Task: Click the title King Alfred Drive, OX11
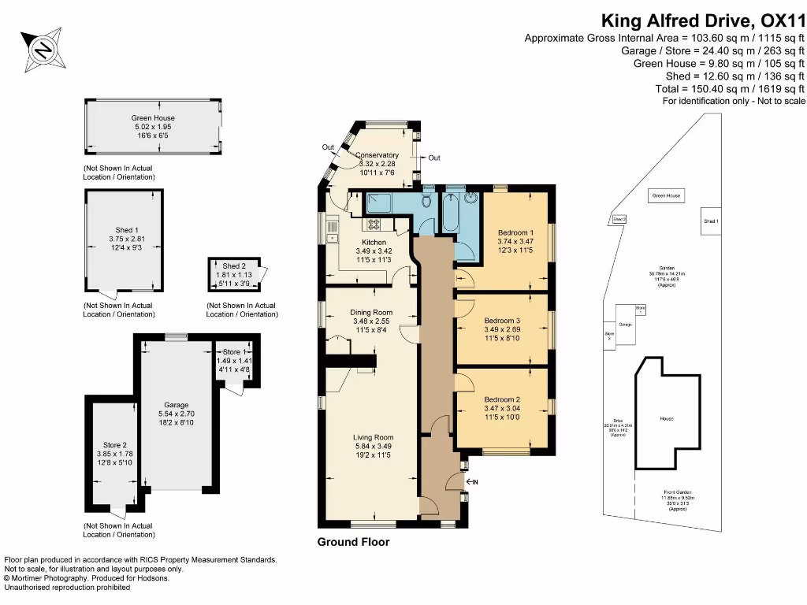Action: [703, 20]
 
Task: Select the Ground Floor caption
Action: [353, 542]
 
